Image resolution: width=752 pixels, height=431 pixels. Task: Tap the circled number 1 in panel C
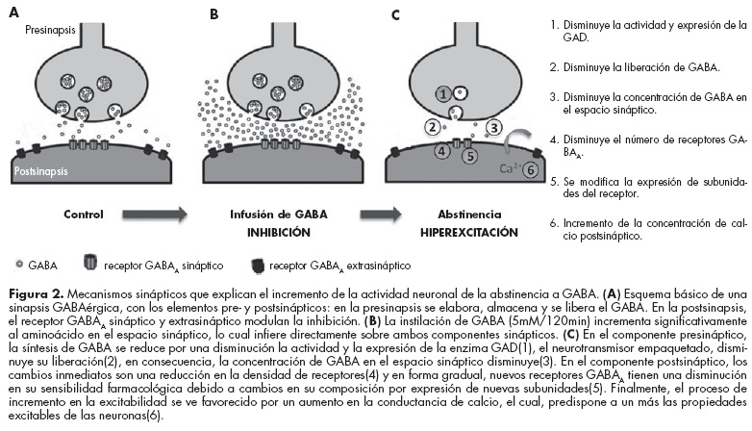(x=442, y=94)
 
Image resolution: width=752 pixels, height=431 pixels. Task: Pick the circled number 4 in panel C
(x=441, y=151)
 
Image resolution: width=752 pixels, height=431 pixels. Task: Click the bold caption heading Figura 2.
(x=31, y=290)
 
